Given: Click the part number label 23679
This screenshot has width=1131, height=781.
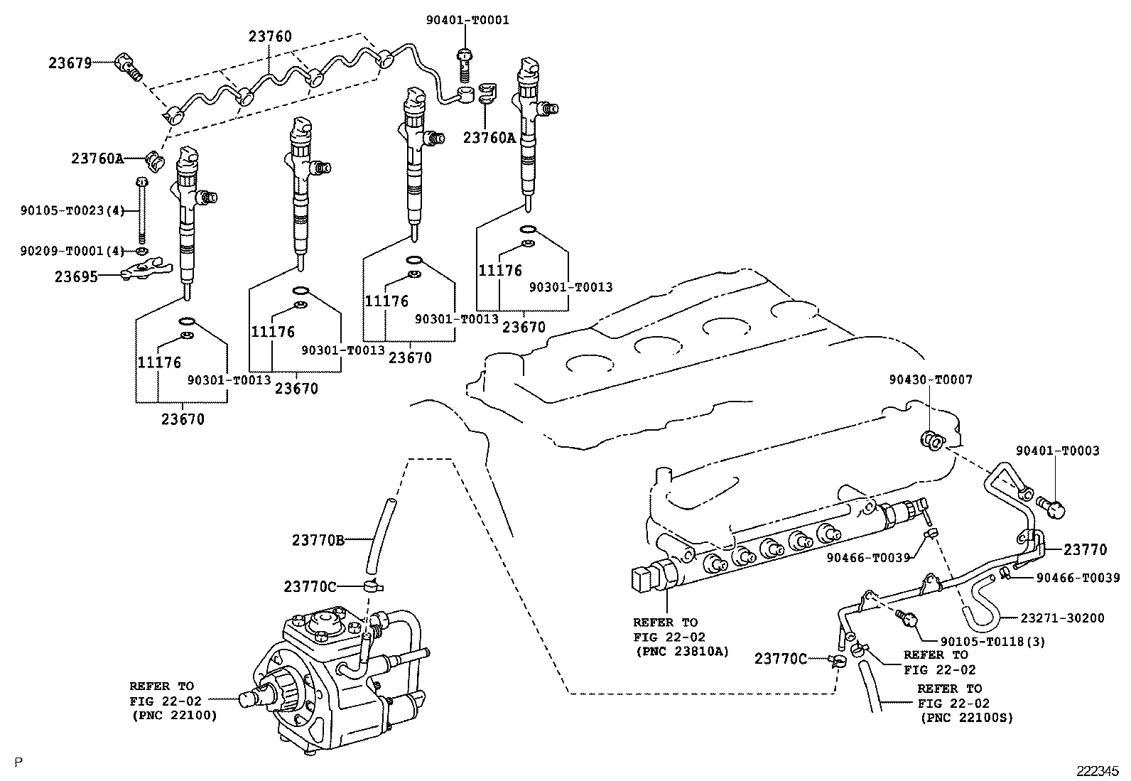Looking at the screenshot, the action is coord(70,63).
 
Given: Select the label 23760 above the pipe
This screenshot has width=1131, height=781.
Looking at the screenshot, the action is coord(270,36).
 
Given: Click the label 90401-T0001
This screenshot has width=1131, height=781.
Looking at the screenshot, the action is coord(467,20).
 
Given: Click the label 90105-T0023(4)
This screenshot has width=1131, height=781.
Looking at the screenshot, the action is coord(72,210).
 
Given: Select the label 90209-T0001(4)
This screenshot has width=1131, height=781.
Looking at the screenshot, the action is coord(72,251).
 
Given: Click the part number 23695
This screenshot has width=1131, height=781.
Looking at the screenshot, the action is coord(76,277).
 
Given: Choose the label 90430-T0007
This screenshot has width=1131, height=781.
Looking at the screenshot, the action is coord(931,379).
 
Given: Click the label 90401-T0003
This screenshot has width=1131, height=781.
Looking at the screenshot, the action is coord(1058,450).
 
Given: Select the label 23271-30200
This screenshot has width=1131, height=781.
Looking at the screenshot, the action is coord(1063,618).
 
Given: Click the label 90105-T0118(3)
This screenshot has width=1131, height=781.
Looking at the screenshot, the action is coord(992,642).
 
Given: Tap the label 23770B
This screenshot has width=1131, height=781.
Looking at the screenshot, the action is coord(318,541).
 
